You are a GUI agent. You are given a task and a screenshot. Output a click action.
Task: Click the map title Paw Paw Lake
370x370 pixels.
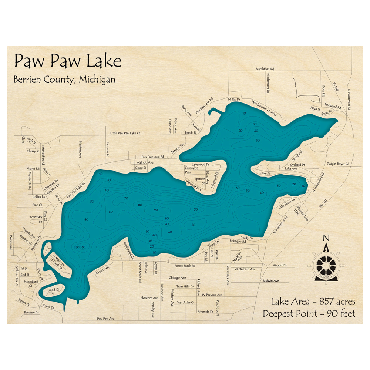pyautogui.click(x=68, y=61)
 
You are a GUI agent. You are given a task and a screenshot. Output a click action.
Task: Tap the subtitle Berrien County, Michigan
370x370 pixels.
pyautogui.click(x=64, y=79)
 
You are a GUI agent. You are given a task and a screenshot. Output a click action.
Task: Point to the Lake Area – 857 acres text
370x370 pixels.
pyautogui.click(x=313, y=301)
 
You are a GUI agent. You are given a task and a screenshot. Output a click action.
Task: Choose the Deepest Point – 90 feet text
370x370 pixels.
pyautogui.click(x=309, y=314)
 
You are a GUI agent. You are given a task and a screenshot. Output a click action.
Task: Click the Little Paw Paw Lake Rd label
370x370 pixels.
pyautogui.click(x=125, y=133)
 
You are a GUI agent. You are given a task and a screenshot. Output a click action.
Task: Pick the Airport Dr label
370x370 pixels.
pyautogui.click(x=280, y=265)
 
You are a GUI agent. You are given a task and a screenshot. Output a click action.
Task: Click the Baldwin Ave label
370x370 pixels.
pyautogui.click(x=271, y=281)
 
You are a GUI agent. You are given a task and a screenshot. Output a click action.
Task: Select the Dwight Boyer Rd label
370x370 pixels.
pyautogui.click(x=338, y=164)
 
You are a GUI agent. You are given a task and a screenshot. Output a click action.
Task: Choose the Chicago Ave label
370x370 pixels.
pyautogui.click(x=177, y=277)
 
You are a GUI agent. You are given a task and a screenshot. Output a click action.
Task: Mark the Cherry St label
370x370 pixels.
pyautogui.click(x=33, y=151)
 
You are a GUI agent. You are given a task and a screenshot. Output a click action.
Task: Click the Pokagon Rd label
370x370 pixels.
pyautogui.click(x=238, y=241)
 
